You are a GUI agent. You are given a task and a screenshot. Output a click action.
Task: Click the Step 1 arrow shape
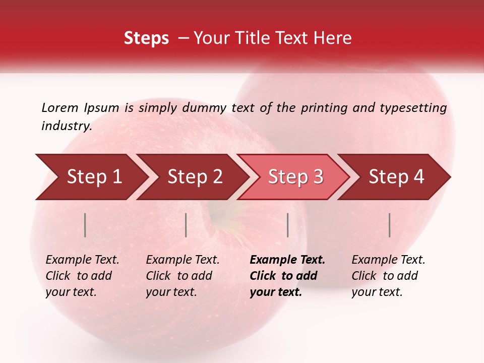(x=94, y=177)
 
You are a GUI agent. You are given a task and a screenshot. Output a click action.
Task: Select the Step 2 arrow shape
(x=195, y=177)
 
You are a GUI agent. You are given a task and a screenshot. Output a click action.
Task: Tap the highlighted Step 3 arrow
(x=295, y=177)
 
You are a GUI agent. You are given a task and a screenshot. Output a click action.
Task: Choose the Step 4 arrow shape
(x=396, y=177)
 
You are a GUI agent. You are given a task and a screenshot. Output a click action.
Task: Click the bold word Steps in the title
(x=146, y=38)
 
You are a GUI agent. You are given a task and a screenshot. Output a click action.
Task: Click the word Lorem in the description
(x=59, y=107)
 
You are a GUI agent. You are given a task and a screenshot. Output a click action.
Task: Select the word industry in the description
(x=66, y=126)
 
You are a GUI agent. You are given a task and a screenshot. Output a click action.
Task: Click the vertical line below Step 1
(x=85, y=225)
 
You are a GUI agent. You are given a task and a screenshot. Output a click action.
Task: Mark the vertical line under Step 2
(x=186, y=225)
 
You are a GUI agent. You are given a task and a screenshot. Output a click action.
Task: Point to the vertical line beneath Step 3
(x=288, y=225)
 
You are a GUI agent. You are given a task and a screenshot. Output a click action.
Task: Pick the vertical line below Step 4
(x=390, y=225)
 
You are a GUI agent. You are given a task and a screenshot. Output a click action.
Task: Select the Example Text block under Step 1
(x=82, y=276)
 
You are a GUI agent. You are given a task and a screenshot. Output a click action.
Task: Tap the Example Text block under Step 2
(x=183, y=276)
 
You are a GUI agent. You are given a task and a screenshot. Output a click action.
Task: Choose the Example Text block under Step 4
(x=388, y=276)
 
